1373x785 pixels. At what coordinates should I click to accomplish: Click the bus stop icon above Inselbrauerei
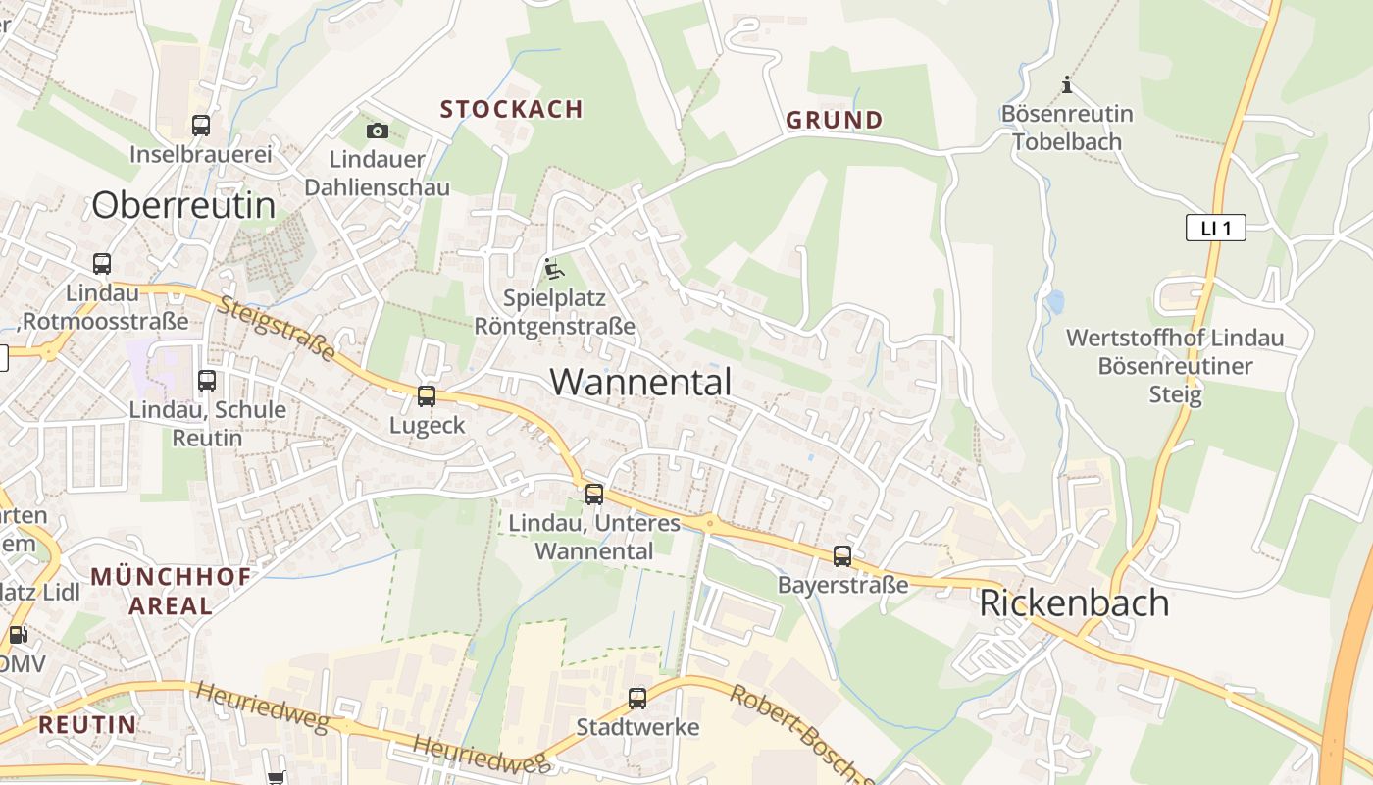(x=201, y=126)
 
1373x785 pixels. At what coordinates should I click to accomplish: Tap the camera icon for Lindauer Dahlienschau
(x=377, y=131)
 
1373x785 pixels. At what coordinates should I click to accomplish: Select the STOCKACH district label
(x=511, y=109)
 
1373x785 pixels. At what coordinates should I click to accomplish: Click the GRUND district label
(x=834, y=121)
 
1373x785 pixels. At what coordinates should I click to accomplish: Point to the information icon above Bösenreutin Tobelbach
(x=1067, y=85)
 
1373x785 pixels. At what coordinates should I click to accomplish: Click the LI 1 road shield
(x=1215, y=229)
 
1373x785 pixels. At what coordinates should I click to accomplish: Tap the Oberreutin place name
(x=183, y=205)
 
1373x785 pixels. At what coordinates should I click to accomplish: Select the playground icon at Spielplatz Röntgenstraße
(x=554, y=268)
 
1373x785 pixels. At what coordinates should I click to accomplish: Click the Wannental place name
(x=640, y=382)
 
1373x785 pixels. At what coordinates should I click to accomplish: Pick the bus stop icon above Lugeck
(x=427, y=396)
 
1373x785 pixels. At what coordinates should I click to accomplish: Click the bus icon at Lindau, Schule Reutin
(x=207, y=381)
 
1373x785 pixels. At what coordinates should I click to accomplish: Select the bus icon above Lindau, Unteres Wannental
(x=594, y=495)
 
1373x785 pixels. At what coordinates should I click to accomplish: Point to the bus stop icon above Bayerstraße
(x=842, y=556)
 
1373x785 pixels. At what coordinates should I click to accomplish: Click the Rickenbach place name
(x=1074, y=602)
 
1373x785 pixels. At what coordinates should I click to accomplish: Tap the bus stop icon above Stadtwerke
(x=637, y=699)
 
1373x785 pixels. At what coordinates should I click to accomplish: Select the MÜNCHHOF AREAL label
(x=171, y=591)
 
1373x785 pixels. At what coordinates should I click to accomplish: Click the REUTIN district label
(x=87, y=725)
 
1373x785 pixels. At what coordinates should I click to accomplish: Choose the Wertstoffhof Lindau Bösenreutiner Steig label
(x=1174, y=366)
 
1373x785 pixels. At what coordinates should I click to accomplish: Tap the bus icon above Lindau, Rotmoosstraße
(x=102, y=264)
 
